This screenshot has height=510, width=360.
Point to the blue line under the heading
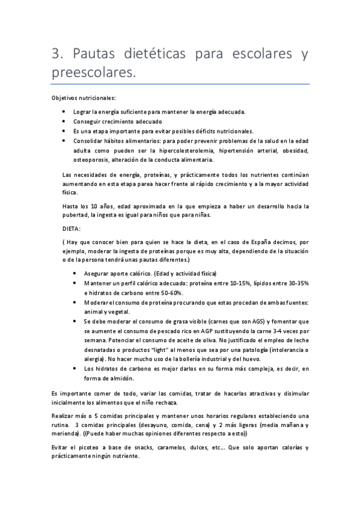pyautogui.click(x=180, y=84)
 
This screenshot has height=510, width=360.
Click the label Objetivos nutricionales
pyautogui.click(x=84, y=98)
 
